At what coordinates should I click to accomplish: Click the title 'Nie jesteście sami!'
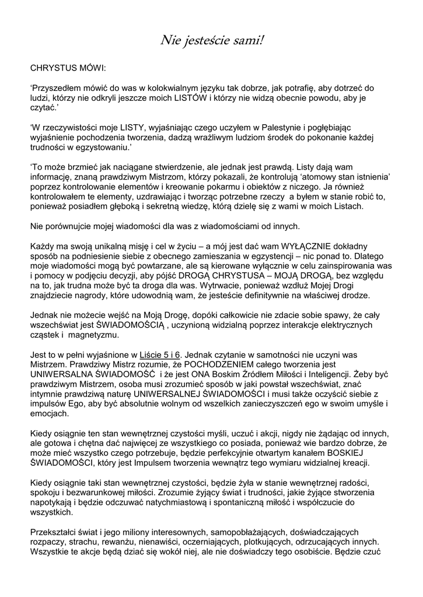(x=212, y=40)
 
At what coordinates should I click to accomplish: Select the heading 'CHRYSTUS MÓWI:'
(x=68, y=68)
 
